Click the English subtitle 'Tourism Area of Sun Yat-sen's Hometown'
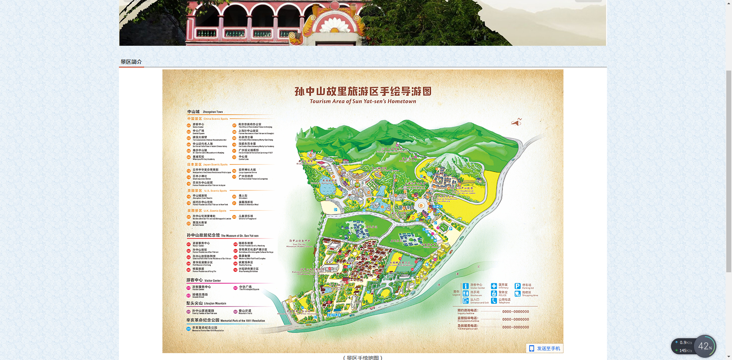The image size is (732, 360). click(363, 101)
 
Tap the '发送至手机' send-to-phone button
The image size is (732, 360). click(545, 348)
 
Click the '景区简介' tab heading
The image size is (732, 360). click(131, 62)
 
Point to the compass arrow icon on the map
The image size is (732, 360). click(516, 122)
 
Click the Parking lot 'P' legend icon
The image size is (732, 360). click(517, 286)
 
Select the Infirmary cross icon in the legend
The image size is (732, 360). click(494, 286)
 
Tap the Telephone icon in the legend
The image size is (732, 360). click(494, 301)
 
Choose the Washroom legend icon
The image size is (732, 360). click(466, 293)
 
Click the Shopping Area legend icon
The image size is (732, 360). click(517, 294)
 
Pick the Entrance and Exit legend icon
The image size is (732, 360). click(466, 301)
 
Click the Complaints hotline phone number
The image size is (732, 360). click(515, 320)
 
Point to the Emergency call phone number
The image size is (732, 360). click(515, 327)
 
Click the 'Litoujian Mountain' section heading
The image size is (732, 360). click(206, 303)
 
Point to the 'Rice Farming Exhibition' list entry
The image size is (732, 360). click(248, 270)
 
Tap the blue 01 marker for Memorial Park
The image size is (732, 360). click(188, 329)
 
